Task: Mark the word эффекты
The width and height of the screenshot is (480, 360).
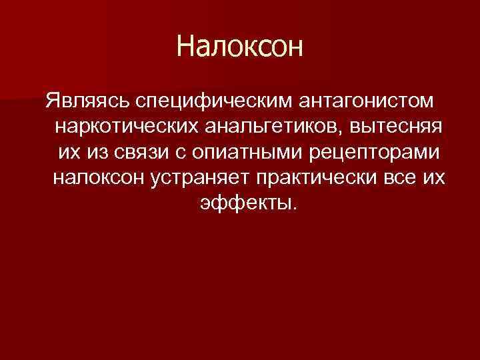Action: click(243, 202)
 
